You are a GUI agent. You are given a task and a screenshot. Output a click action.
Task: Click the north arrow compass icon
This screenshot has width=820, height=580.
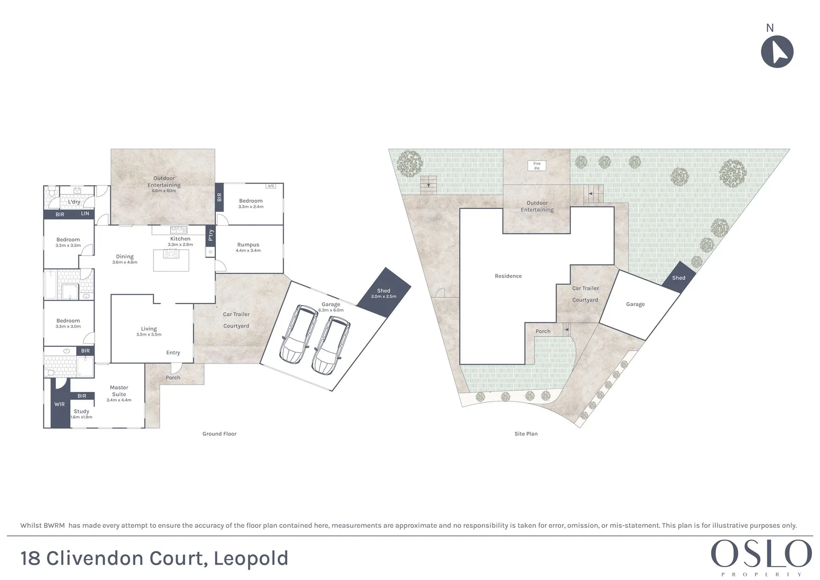777,52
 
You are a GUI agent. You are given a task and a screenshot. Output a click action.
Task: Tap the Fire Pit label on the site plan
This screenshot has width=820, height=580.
536,166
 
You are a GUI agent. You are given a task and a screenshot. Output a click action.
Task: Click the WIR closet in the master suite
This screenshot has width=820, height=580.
59,404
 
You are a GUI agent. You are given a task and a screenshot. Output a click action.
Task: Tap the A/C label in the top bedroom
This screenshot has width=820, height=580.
271,186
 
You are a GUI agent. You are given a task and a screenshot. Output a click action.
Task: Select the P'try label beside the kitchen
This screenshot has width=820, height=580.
211,235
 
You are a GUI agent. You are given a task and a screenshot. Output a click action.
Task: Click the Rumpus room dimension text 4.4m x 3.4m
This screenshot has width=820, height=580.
248,250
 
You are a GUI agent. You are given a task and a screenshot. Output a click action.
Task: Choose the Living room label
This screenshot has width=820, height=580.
149,329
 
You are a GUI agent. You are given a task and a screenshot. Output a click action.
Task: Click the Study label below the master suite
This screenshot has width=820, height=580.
82,411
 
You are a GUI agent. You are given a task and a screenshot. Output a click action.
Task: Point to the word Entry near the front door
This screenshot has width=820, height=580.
173,353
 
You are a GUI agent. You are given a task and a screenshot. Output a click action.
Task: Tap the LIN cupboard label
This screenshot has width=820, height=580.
85,214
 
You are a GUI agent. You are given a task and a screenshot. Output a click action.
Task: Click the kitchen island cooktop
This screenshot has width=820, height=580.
171,255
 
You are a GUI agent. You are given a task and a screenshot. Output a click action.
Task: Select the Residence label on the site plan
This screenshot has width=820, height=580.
508,276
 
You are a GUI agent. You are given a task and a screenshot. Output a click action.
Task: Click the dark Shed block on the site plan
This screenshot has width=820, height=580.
679,278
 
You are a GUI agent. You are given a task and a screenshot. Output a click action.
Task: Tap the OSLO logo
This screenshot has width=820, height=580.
761,554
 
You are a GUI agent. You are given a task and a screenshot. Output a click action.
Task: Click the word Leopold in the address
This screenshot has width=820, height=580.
251,558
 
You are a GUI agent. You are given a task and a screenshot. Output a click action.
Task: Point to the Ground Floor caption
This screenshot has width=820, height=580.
219,434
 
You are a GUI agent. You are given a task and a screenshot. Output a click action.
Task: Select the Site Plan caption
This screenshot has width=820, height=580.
526,434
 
